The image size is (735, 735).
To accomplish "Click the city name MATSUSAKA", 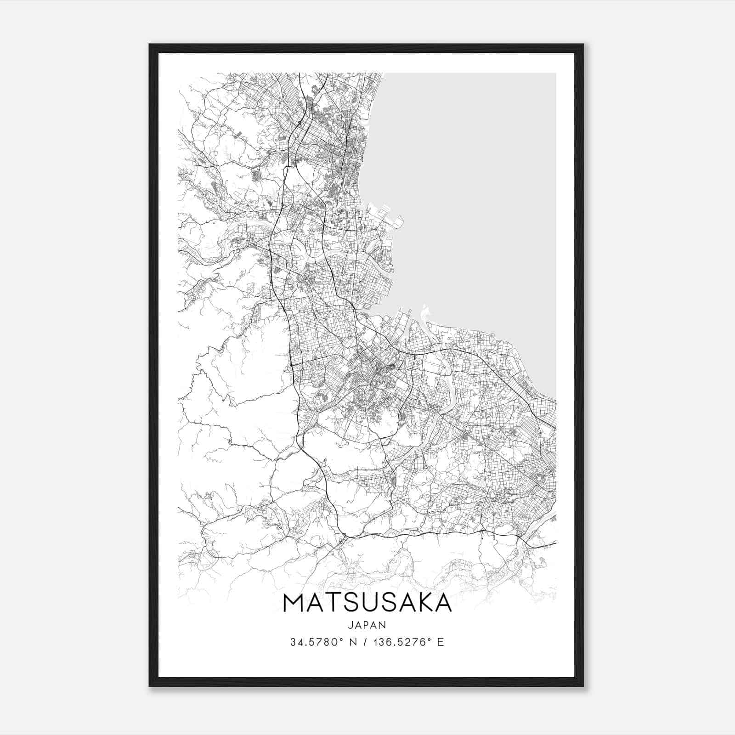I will tap(367, 603).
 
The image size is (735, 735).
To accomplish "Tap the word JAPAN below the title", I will tap(367, 625).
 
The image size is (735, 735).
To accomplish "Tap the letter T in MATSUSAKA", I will tap(335, 603).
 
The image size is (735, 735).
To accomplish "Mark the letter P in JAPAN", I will tap(367, 625).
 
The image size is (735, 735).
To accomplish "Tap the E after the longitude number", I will tap(441, 642).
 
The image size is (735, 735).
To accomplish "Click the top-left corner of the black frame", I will tap(150, 45).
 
